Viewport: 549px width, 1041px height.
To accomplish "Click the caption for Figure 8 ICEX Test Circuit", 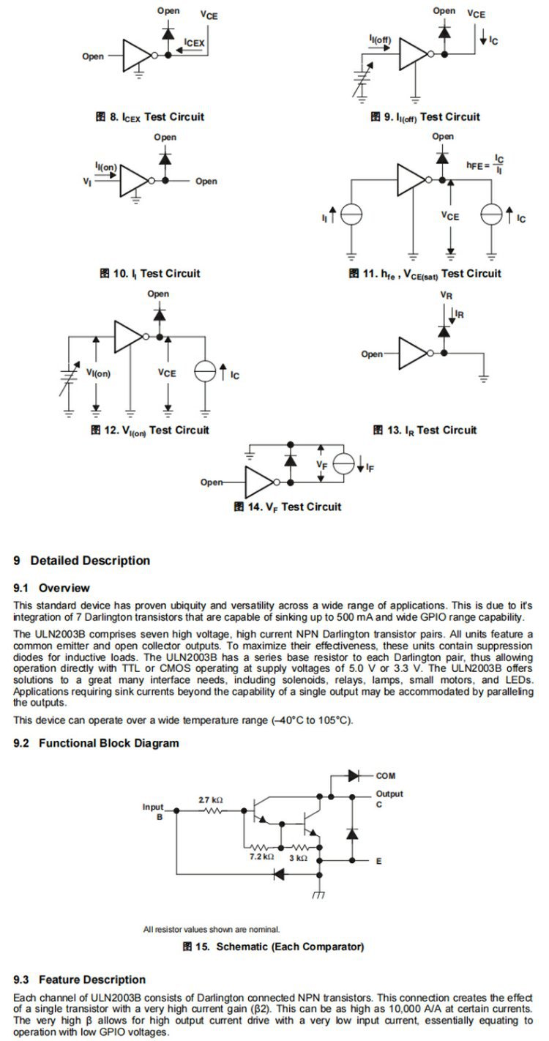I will (x=149, y=116).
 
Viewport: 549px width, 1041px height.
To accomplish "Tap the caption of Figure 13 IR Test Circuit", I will (x=424, y=430).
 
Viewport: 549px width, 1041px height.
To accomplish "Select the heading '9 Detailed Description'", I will (x=81, y=561).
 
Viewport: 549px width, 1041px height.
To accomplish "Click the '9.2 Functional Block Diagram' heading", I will (x=96, y=743).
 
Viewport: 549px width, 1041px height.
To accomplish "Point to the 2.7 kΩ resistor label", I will (x=211, y=800).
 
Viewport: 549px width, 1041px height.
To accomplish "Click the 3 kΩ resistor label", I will (x=298, y=857).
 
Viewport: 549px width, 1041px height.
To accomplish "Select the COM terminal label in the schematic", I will (x=386, y=776).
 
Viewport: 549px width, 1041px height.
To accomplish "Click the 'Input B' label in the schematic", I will (x=153, y=811).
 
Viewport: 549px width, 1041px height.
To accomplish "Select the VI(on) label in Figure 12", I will (x=97, y=373).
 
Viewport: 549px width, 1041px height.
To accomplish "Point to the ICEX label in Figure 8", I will (x=195, y=43).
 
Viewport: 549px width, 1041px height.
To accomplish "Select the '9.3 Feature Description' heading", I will (x=80, y=980).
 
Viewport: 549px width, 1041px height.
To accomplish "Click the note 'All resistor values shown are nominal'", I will (x=211, y=930).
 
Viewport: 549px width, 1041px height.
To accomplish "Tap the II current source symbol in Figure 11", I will (x=352, y=214).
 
